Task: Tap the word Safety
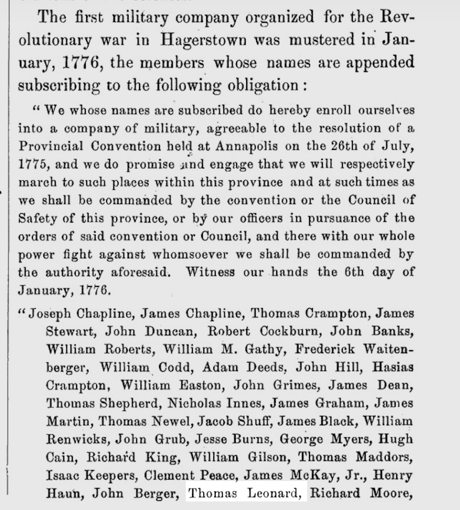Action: [36, 218]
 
